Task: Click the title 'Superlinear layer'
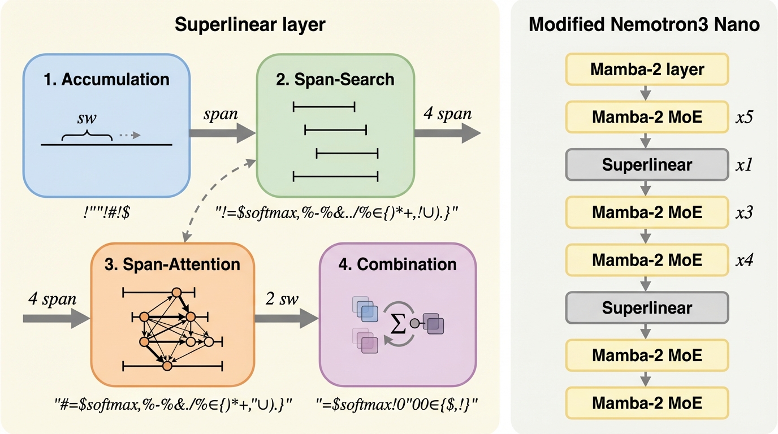point(250,25)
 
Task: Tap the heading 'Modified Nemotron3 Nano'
point(644,25)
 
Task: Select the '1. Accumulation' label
point(106,79)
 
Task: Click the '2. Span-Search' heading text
point(335,79)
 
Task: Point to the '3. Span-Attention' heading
point(173,264)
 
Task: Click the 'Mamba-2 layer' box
point(647,70)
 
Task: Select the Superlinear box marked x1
point(647,164)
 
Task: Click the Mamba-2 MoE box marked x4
point(647,260)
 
